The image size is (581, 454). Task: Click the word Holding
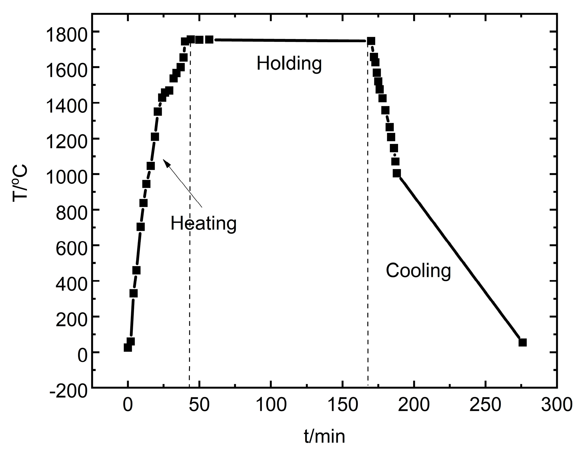pyautogui.click(x=289, y=64)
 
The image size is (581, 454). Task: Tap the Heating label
pyautogui.click(x=204, y=223)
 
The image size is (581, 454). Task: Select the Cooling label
pyautogui.click(x=418, y=271)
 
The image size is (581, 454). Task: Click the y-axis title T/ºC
pyautogui.click(x=20, y=182)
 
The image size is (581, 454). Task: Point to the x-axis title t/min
pyautogui.click(x=325, y=436)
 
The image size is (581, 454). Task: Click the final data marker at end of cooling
pyautogui.click(x=523, y=342)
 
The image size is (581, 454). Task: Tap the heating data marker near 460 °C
pyautogui.click(x=136, y=270)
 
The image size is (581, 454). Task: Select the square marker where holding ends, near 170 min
pyautogui.click(x=371, y=41)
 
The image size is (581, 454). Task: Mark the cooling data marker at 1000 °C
pyautogui.click(x=397, y=173)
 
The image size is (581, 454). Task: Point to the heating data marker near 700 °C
pyautogui.click(x=140, y=227)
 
